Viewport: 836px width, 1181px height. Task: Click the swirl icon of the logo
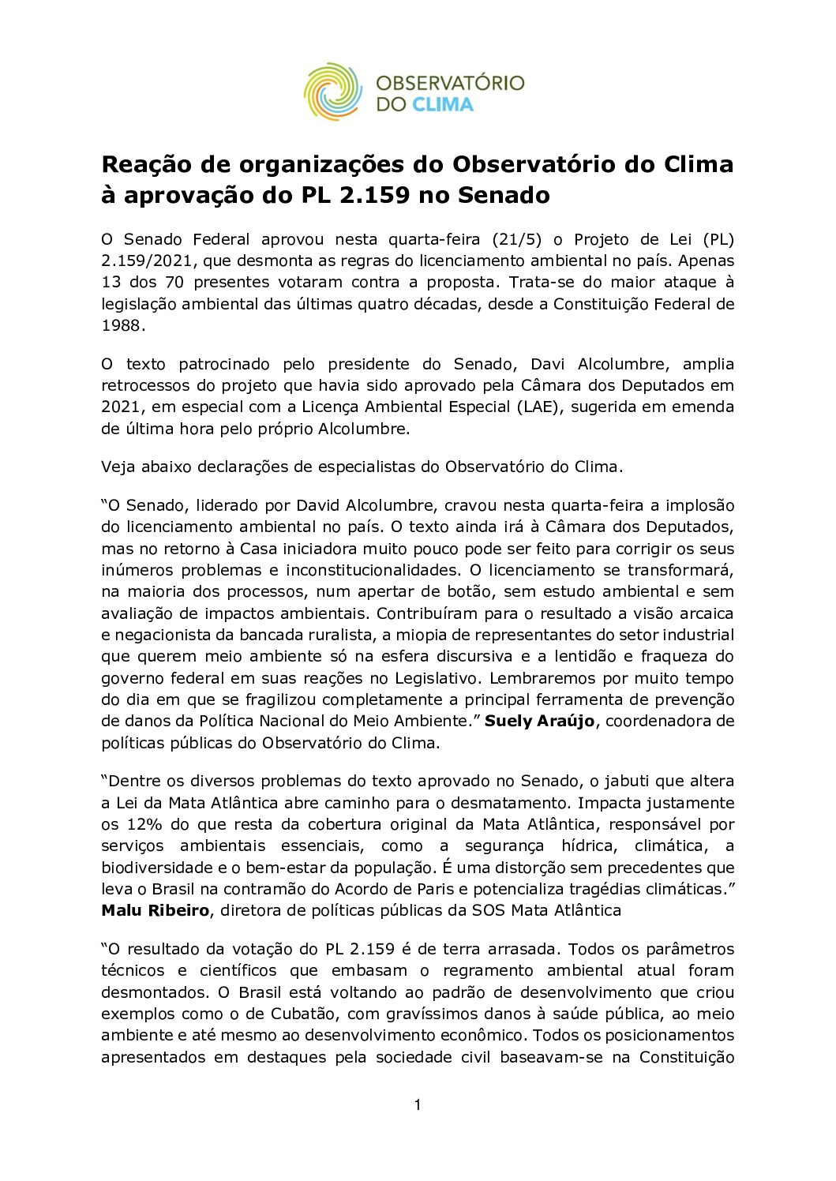(x=332, y=92)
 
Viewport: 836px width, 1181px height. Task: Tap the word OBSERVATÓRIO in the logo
(x=450, y=83)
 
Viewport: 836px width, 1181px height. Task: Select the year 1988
(x=121, y=325)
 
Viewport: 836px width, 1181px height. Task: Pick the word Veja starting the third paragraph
(x=118, y=467)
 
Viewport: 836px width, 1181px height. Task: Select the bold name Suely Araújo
(x=539, y=721)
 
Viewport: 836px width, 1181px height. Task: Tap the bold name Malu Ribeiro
(x=155, y=910)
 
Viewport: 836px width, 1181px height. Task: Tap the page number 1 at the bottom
(x=418, y=1104)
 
